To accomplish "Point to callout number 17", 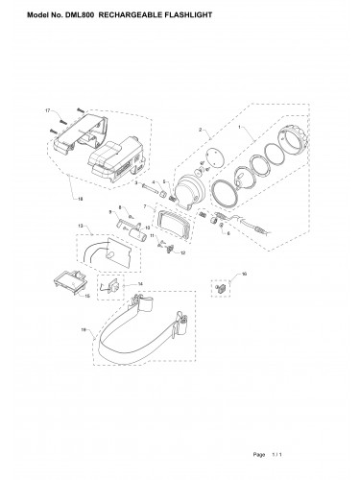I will pos(47,112).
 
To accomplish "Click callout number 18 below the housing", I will pos(81,199).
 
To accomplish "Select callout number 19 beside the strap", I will pos(85,330).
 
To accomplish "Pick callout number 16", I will pos(244,275).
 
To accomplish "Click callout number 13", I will pos(82,227).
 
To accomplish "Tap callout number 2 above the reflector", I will pos(200,130).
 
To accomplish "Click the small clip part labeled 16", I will pos(222,287).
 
